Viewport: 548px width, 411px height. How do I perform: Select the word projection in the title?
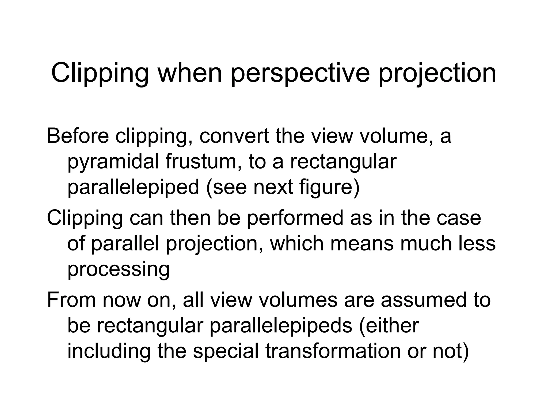click(x=437, y=73)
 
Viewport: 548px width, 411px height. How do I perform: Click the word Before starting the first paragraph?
click(x=78, y=136)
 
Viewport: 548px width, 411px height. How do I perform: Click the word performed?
click(x=294, y=218)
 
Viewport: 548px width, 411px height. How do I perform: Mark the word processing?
click(x=118, y=269)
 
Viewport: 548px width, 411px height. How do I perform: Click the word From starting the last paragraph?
click(x=71, y=300)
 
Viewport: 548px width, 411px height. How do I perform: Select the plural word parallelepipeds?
click(x=281, y=326)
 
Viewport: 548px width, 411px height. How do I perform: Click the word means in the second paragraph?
click(x=362, y=243)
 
